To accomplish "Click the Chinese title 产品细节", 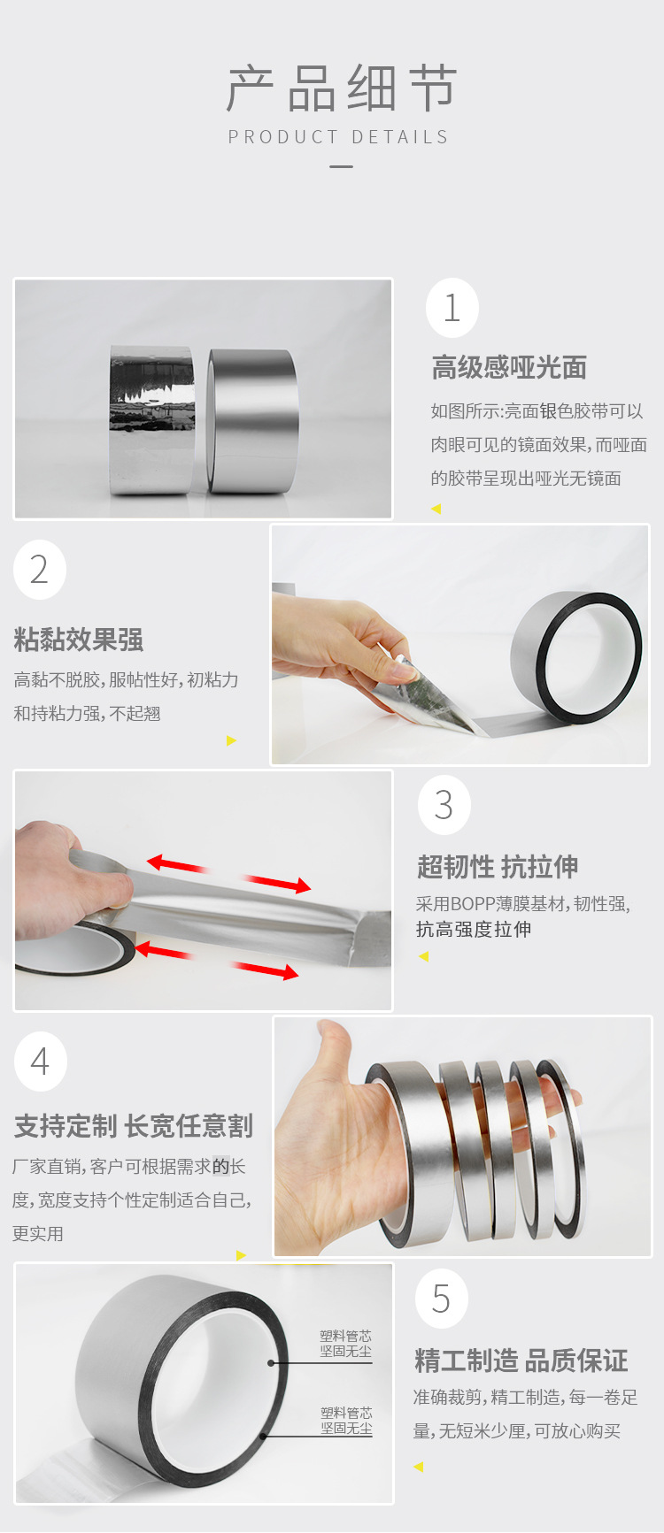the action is tap(342, 88).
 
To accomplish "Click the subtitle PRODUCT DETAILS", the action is tap(339, 137).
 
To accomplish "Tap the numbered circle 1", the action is tap(452, 308).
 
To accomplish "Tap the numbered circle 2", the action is tap(40, 570).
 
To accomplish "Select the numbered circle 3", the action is tap(444, 804).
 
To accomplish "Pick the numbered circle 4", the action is tap(41, 1061).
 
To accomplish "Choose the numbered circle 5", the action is tap(441, 1299).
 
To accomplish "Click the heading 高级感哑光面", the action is tap(509, 367).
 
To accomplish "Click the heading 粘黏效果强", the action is tap(78, 640).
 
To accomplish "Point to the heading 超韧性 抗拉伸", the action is tap(498, 867).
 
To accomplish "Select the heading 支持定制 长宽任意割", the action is tap(134, 1126).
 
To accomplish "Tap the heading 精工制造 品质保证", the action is tap(521, 1361).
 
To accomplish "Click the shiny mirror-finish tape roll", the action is tap(151, 419).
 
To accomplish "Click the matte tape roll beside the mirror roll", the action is tap(253, 421).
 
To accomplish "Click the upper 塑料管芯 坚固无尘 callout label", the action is tap(346, 1344).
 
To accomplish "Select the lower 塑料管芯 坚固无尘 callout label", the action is tap(346, 1421).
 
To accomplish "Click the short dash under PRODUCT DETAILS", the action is tap(341, 166).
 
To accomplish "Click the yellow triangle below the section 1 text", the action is tap(436, 509).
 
